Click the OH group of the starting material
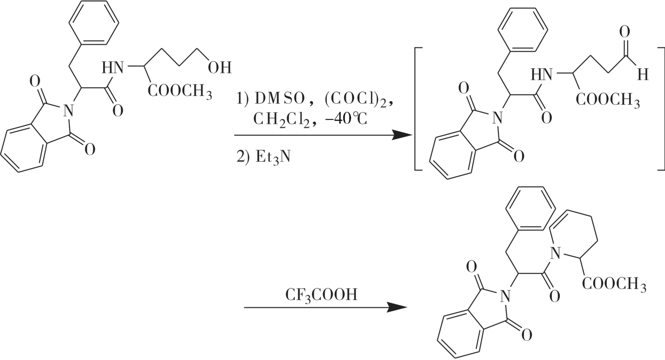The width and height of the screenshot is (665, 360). (219, 68)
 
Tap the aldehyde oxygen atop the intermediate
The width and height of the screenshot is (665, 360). (624, 33)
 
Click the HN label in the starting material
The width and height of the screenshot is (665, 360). (113, 68)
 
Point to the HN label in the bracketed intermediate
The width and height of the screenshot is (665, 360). (542, 74)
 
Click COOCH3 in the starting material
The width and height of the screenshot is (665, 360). (180, 92)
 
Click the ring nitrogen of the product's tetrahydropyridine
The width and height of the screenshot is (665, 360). (555, 253)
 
